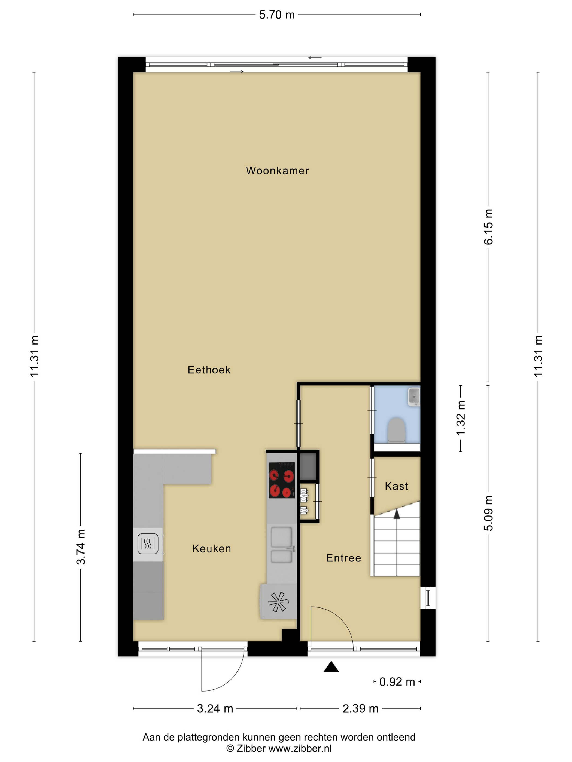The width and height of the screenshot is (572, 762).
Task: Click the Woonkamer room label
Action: coord(277,171)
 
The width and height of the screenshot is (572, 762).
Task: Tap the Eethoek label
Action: coord(209,370)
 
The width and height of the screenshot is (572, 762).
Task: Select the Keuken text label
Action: coord(211,548)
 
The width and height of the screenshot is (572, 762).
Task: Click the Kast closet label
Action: coord(397,486)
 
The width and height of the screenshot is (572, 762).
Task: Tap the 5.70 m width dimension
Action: coord(277,15)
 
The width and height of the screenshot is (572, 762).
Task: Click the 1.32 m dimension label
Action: coord(461,418)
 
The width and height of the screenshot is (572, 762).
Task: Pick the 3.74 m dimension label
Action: coord(81,547)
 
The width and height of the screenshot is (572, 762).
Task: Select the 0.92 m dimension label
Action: coord(397,682)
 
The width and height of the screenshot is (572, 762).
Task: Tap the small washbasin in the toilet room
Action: coord(414,397)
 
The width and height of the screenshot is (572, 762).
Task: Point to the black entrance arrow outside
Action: coord(331,666)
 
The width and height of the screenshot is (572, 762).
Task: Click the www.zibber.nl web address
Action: coord(300,748)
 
